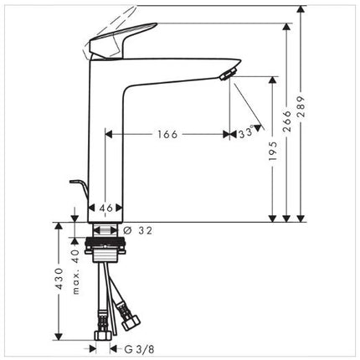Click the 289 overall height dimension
click(x=301, y=106)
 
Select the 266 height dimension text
click(x=286, y=121)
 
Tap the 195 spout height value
click(x=273, y=152)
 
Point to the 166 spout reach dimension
click(x=167, y=135)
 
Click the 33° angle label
click(x=246, y=133)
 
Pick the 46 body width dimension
click(x=105, y=208)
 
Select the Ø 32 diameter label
click(x=138, y=230)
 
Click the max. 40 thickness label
click(x=75, y=271)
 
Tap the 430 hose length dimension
click(x=59, y=279)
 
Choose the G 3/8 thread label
click(x=139, y=349)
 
